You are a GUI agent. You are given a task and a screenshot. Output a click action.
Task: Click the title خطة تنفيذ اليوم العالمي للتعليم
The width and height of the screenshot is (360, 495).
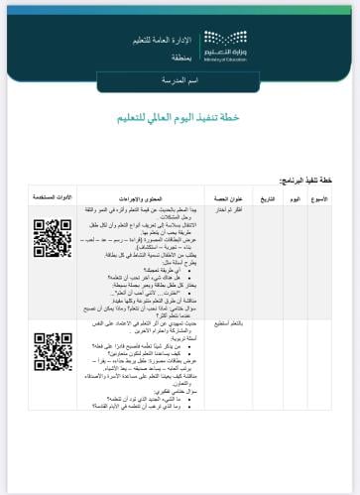pyautogui.click(x=180, y=117)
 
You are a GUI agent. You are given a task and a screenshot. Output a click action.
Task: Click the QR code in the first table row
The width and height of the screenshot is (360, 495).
pyautogui.click(x=53, y=238)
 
